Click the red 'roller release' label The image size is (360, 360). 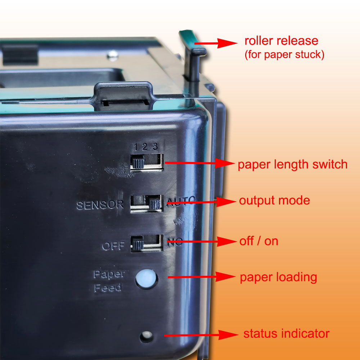[281, 40]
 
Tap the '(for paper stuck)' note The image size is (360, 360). [284, 55]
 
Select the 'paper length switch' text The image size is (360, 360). [292, 165]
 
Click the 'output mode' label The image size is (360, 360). [274, 200]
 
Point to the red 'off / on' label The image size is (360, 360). [259, 241]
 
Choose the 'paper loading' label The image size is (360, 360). [278, 277]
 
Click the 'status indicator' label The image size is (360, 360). [286, 333]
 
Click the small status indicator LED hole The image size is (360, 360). [146, 337]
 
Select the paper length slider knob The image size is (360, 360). [138, 163]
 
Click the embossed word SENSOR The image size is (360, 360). [100, 205]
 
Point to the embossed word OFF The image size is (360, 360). [113, 246]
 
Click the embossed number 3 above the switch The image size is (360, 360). [155, 147]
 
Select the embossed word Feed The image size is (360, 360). [108, 288]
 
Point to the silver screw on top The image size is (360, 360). [113, 55]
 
